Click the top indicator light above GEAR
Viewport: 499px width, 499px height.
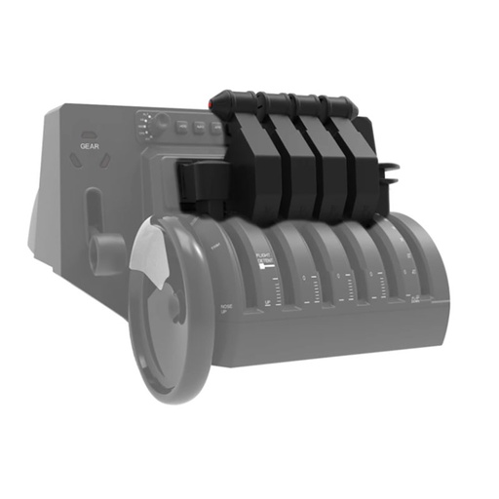[x=90, y=135]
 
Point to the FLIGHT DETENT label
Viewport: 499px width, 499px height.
[x=265, y=258]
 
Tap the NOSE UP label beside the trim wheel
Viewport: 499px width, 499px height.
[x=226, y=309]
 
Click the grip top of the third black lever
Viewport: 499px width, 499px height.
[x=310, y=102]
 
